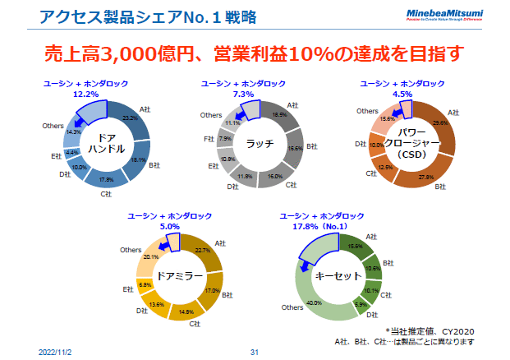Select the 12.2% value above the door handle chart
(x=87, y=95)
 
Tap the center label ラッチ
(x=260, y=143)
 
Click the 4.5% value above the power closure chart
(x=402, y=95)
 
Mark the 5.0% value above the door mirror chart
(x=170, y=226)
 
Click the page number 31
(x=255, y=352)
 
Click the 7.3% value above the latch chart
(x=244, y=95)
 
